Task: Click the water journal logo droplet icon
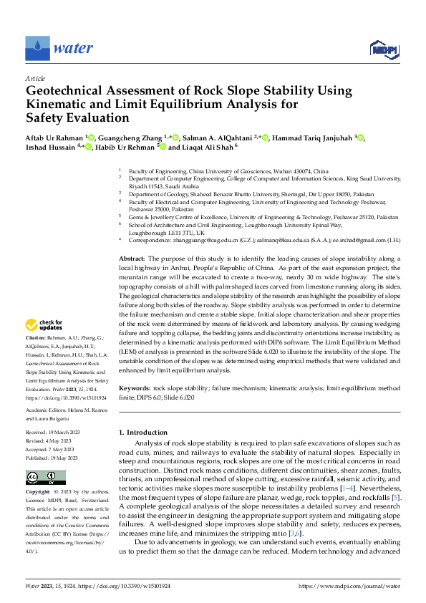pos(37,48)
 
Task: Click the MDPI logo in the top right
pos(383,49)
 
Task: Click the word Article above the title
pos(35,78)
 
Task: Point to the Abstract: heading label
pos(132,258)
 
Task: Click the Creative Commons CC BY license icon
pos(46,478)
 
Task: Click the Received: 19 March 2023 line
pos(55,433)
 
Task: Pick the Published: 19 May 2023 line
pos(55,456)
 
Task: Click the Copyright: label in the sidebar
pos(38,493)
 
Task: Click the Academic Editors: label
pos(47,410)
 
